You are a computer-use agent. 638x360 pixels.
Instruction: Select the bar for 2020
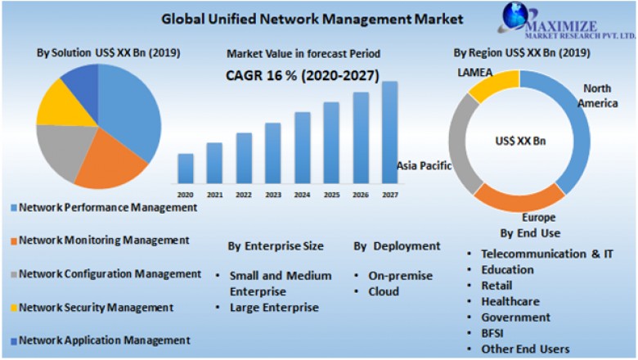coord(186,168)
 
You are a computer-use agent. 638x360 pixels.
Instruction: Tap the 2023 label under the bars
coord(272,195)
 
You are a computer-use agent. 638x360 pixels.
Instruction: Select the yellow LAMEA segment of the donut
coord(492,85)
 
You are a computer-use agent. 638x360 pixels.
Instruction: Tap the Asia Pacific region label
coord(425,165)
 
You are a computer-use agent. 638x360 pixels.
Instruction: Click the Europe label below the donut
coord(539,218)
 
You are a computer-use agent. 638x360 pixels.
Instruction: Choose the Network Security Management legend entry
coord(96,308)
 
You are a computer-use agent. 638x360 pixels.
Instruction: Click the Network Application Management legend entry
coord(104,340)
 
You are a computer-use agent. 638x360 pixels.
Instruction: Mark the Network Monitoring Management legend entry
coord(104,241)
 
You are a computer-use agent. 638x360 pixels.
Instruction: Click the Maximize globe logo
coord(516,16)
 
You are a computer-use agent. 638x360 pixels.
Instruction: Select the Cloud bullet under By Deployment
coord(383,291)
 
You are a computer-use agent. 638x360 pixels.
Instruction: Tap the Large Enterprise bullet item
coord(274,308)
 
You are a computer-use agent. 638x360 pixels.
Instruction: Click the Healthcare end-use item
coord(510,301)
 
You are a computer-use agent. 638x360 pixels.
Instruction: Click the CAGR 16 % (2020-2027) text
coord(302,76)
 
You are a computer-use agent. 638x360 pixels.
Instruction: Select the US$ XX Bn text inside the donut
coord(520,141)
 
